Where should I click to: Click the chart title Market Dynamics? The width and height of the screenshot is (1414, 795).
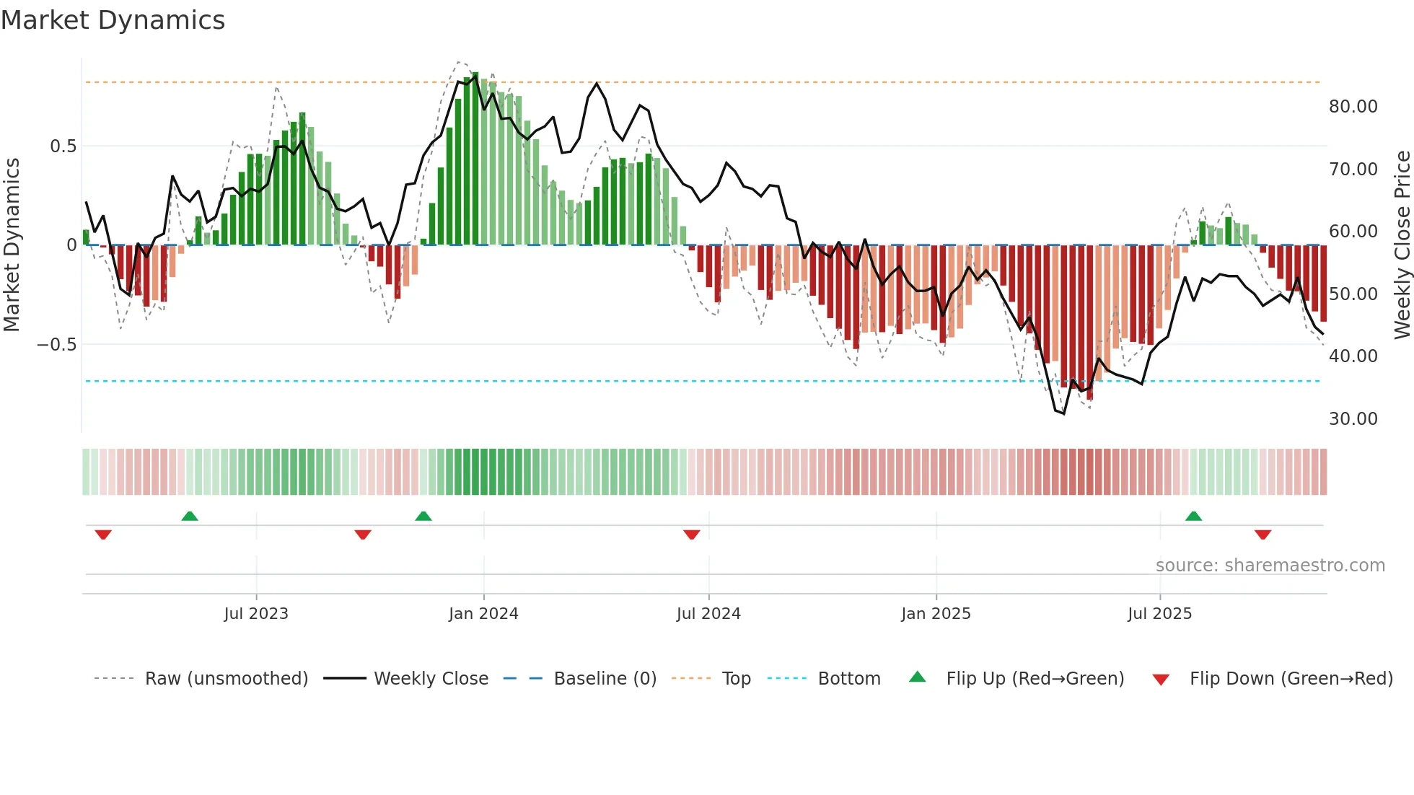[x=113, y=20]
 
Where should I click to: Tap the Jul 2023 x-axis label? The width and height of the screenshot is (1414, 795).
[x=255, y=614]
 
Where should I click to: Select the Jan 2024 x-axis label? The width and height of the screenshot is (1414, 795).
[x=483, y=614]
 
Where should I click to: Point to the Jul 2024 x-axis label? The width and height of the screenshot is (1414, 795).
[x=708, y=614]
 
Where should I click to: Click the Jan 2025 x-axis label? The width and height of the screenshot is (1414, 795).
[x=936, y=614]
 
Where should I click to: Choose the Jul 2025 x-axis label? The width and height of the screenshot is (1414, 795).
[x=1159, y=614]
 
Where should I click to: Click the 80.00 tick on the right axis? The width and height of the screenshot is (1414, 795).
[x=1353, y=107]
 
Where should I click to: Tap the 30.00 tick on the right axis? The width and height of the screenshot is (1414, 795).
[x=1353, y=419]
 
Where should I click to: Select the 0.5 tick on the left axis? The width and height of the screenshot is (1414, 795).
[x=63, y=146]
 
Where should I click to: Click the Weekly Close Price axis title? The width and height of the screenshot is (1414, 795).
[x=1402, y=245]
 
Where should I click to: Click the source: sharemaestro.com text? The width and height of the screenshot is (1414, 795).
[x=1270, y=566]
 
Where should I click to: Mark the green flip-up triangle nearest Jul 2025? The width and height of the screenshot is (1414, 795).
[x=1193, y=517]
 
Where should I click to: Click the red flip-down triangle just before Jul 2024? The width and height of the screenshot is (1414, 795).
[x=691, y=535]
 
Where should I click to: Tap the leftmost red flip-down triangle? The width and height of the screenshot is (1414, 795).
[x=103, y=535]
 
